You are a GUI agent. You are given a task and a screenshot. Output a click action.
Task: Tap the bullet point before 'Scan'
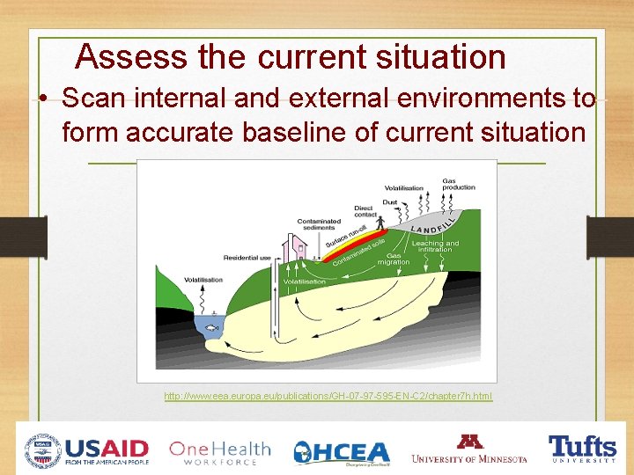[42, 99]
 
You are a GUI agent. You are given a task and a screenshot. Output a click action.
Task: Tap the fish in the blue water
[211, 327]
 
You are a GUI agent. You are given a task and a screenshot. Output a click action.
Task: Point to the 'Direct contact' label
[365, 211]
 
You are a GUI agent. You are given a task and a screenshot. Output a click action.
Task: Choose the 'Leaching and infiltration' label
[435, 246]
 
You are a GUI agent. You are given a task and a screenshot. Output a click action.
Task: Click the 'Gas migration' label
[393, 259]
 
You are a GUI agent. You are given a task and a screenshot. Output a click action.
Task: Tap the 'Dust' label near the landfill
[389, 201]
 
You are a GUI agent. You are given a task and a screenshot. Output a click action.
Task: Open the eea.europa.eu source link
[328, 397]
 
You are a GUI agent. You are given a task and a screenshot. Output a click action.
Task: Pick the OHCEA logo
[342, 452]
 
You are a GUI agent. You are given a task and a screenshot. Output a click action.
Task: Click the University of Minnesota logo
[468, 449]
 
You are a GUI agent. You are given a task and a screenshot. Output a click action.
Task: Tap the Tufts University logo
[582, 448]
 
